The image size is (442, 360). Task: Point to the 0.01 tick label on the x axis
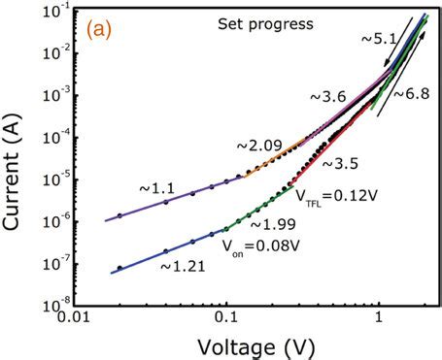tap(74, 315)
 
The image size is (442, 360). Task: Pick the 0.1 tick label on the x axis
tap(225, 315)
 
